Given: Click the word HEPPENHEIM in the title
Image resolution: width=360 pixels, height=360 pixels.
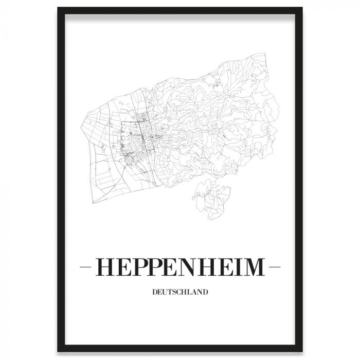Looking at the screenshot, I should pos(180,267).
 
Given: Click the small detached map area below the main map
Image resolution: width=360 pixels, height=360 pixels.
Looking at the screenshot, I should pos(211,198).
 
